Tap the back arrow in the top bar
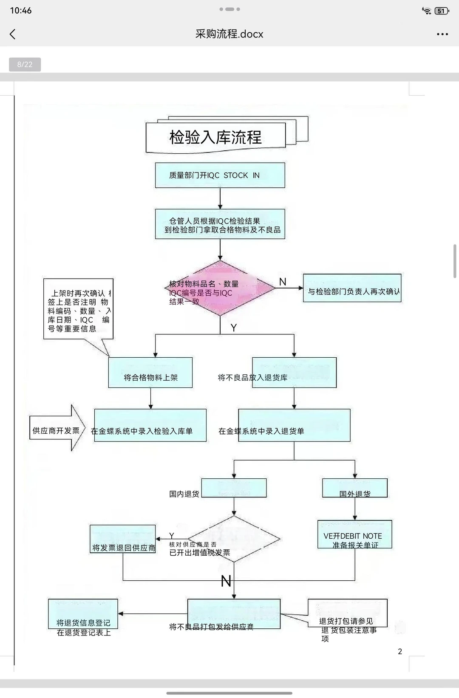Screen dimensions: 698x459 [x=13, y=34]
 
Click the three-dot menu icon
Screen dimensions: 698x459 [x=442, y=34]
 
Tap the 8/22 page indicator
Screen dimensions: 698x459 [x=25, y=65]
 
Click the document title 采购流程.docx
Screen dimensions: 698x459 [x=229, y=34]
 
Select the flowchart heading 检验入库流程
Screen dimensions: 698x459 [x=215, y=137]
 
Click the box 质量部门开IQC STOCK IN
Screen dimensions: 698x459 [x=220, y=175]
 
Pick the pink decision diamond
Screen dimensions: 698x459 [x=220, y=288]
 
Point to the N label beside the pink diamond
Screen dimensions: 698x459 [x=283, y=282]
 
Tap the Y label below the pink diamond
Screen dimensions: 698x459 [x=233, y=328]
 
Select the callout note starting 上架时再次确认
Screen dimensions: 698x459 [x=78, y=309]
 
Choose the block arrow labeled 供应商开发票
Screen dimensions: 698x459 [x=57, y=428]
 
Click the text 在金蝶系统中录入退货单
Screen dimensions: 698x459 [x=261, y=431]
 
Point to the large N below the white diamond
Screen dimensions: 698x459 [x=226, y=581]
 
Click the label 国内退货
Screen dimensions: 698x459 [x=184, y=494]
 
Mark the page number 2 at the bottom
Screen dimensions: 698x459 [x=399, y=651]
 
